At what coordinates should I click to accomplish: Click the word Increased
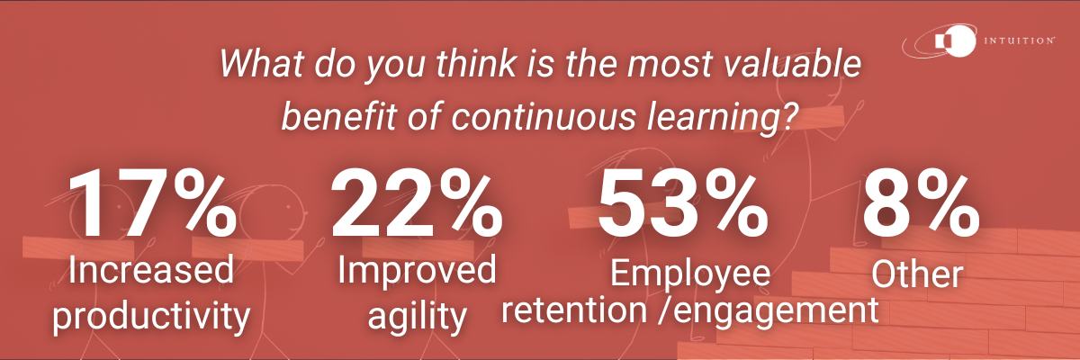[x=148, y=270]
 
